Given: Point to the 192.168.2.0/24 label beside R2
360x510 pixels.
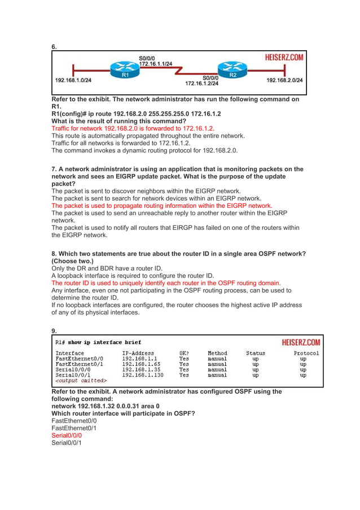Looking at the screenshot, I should [x=284, y=80].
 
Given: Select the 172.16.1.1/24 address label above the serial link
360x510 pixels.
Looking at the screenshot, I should [x=156, y=64].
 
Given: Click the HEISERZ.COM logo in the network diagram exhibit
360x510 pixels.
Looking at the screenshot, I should [x=285, y=57].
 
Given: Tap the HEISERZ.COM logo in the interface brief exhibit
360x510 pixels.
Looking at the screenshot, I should [x=301, y=342].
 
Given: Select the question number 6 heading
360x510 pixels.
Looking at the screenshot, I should [x=54, y=47].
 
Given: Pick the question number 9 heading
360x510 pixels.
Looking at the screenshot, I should [x=54, y=331].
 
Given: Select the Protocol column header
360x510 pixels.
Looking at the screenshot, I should [x=306, y=354].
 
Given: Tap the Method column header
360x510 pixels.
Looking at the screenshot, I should [x=217, y=354].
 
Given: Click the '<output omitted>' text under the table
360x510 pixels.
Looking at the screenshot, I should [x=81, y=380].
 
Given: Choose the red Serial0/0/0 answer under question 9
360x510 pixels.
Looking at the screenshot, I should [x=67, y=435].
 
